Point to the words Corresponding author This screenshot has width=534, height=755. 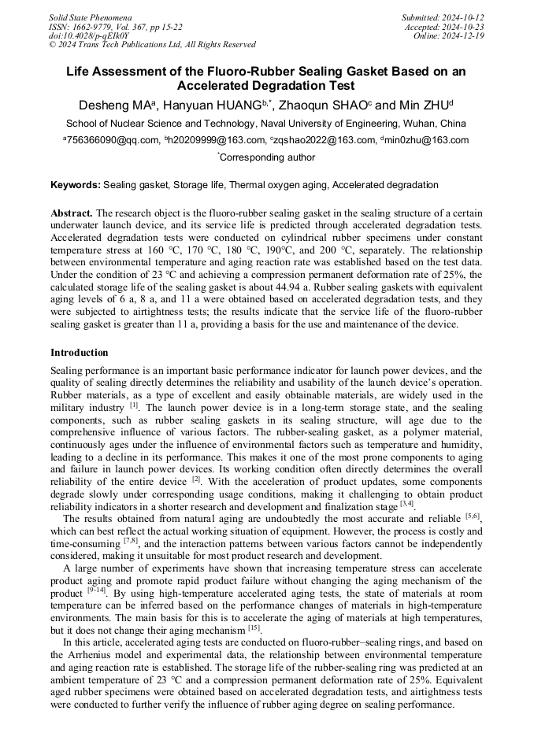268,157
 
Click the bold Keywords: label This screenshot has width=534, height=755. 76,185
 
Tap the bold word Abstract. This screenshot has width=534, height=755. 72,213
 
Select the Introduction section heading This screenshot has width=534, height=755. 79,352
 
